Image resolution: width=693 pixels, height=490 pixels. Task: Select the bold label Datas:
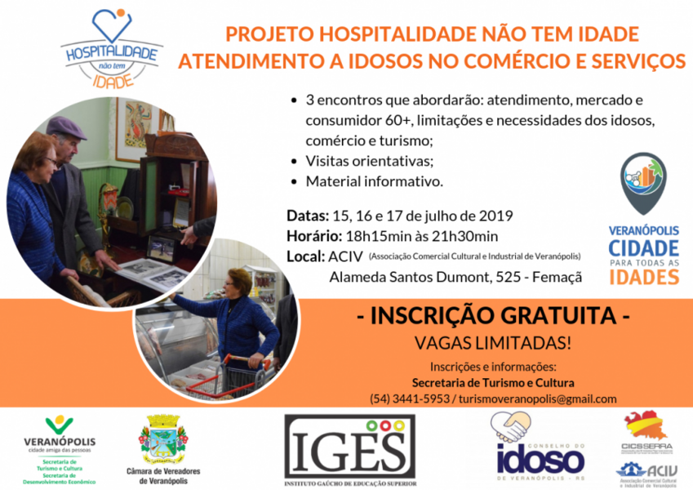[x=308, y=216]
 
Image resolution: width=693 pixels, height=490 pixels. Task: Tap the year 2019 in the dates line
[x=494, y=216]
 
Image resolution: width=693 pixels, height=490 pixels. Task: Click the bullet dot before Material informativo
[x=294, y=180]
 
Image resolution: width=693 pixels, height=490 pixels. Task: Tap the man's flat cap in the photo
[x=67, y=126]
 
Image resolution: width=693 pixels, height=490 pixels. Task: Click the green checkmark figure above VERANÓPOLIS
[x=59, y=425]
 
